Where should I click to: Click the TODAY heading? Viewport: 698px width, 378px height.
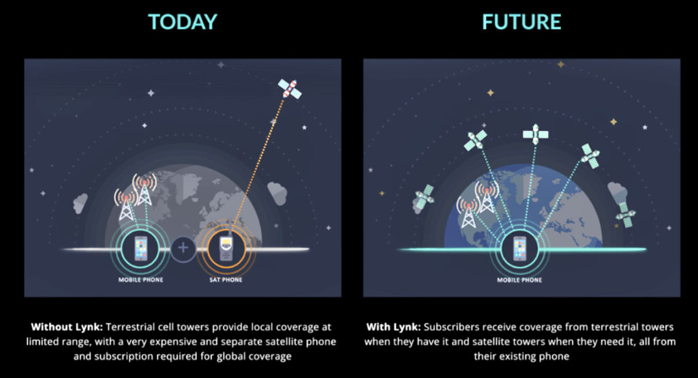183,22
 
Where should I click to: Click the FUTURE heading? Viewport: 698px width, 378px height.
521,22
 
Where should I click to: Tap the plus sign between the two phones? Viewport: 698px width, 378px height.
183,248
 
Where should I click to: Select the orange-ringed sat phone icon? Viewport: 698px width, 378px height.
226,248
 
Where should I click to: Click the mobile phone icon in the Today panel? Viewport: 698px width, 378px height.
140,248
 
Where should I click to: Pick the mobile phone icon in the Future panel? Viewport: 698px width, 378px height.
519,248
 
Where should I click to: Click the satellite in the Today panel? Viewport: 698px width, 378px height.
289,89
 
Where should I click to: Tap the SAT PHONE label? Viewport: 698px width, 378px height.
226,280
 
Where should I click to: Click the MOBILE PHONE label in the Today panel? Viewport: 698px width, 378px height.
140,280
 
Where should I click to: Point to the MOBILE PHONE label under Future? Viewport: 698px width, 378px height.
519,280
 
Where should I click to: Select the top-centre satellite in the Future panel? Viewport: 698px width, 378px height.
536,134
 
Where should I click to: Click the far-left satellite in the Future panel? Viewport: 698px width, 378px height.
424,198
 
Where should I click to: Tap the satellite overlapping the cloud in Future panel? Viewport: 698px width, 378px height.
626,214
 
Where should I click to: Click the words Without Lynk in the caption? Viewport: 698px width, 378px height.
67,327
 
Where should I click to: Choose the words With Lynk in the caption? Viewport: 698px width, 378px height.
393,327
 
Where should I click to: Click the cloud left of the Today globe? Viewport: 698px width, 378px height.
80,203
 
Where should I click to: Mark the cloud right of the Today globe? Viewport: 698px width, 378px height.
277,193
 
